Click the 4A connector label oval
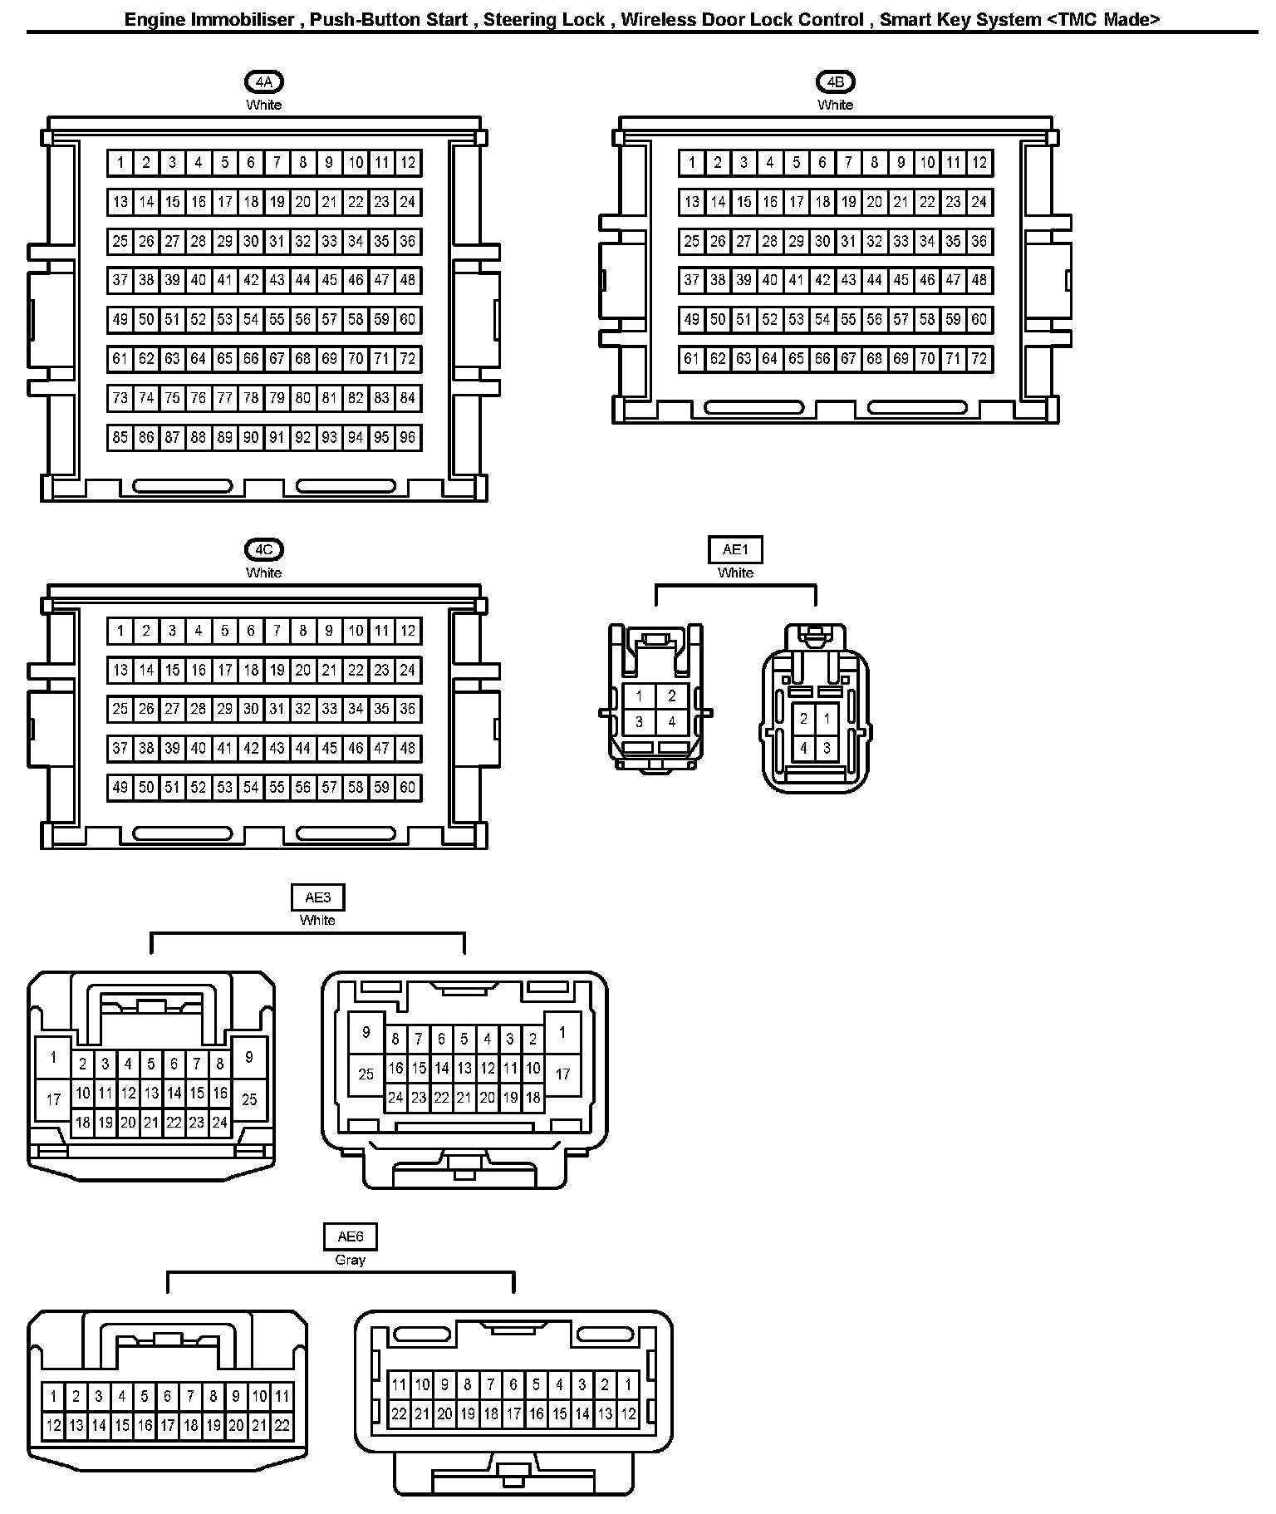[264, 81]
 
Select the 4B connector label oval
[835, 81]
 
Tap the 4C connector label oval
[264, 549]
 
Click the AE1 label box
[735, 549]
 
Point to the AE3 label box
[317, 897]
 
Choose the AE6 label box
[350, 1237]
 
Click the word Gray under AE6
[350, 1260]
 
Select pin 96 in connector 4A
[407, 438]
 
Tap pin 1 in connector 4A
[120, 163]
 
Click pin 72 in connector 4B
[979, 359]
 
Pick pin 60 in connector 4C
[407, 788]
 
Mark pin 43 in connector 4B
[848, 281]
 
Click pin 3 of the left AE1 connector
[639, 722]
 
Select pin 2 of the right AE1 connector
[803, 720]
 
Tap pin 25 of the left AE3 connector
[249, 1099]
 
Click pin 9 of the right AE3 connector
[366, 1033]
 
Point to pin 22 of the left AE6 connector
[282, 1426]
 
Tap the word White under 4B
[835, 105]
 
